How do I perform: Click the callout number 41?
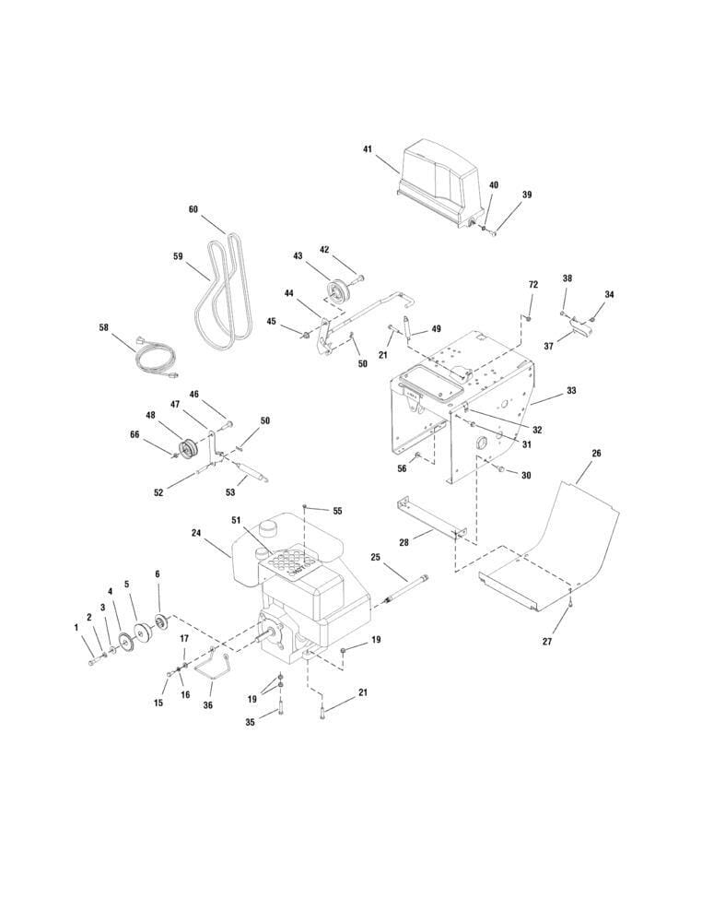[x=368, y=148]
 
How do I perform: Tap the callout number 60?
[x=193, y=209]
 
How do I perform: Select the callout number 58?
[x=104, y=327]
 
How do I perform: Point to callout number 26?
[x=596, y=454]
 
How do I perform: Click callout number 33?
[x=571, y=391]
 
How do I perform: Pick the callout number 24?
[x=196, y=532]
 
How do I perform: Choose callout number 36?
[x=208, y=705]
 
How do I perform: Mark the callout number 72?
[x=532, y=285]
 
